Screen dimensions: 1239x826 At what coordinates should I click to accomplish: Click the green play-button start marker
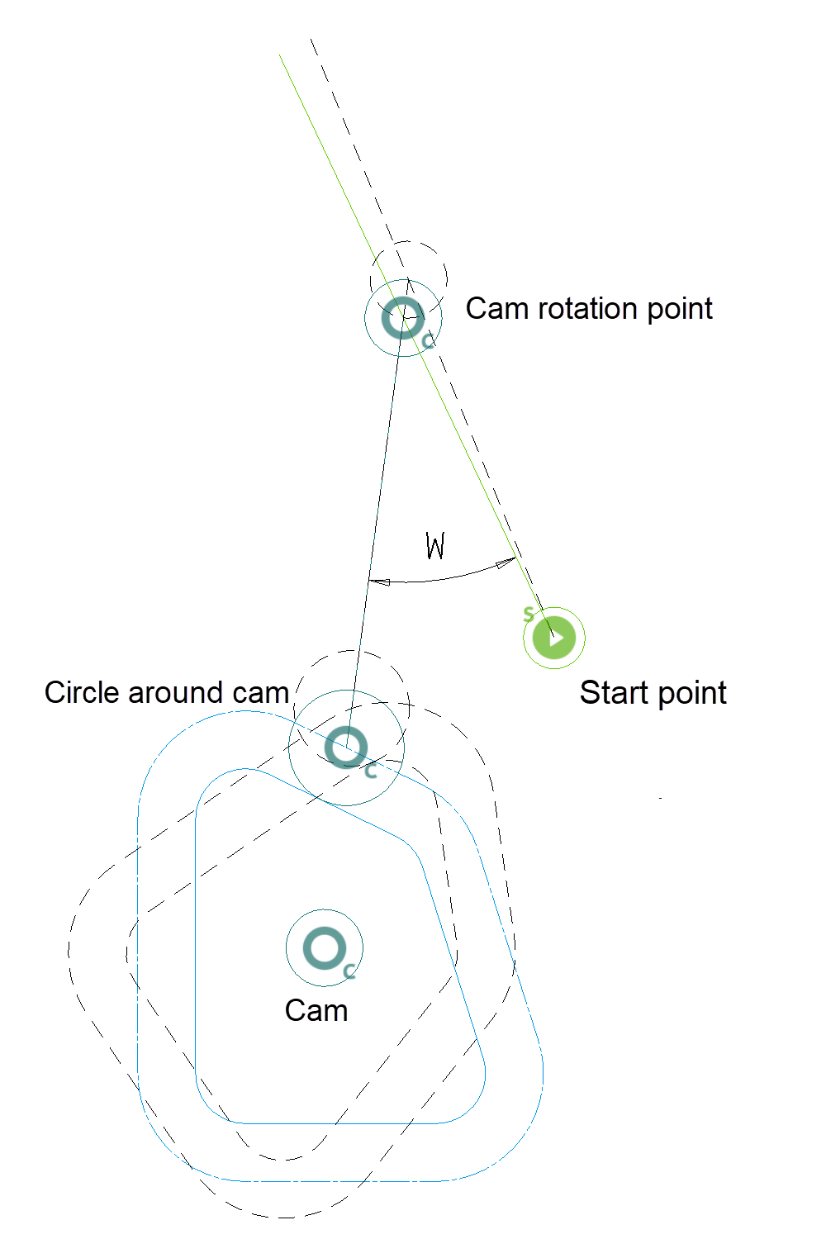click(554, 638)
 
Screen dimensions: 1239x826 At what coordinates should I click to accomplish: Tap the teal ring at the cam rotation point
click(402, 318)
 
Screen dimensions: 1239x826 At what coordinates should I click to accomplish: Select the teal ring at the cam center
click(325, 948)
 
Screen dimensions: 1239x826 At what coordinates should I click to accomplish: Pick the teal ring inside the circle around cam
click(346, 748)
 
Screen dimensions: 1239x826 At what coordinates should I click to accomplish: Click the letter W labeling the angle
click(435, 546)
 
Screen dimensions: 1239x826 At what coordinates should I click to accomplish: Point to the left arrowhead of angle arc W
click(379, 582)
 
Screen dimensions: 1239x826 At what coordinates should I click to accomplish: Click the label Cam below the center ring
click(316, 1011)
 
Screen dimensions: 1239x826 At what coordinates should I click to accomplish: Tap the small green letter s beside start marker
click(529, 615)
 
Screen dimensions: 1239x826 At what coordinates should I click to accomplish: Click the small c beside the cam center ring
click(349, 971)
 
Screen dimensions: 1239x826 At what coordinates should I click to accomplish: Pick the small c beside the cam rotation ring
click(428, 341)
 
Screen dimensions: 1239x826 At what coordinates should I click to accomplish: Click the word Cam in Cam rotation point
click(498, 309)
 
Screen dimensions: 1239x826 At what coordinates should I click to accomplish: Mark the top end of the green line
click(280, 55)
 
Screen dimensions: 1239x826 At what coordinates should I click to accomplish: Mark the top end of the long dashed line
click(311, 39)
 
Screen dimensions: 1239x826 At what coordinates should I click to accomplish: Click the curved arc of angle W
click(438, 579)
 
